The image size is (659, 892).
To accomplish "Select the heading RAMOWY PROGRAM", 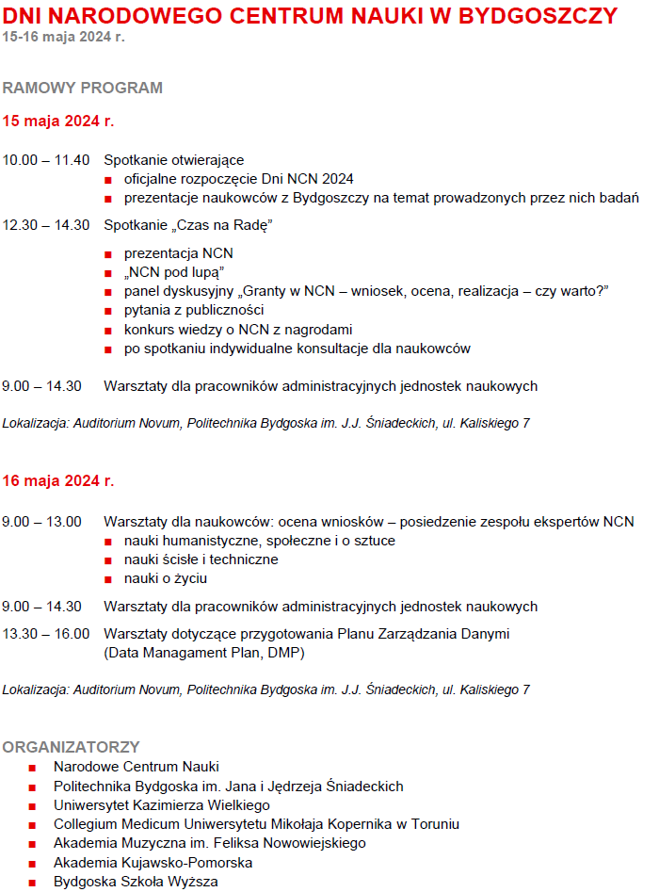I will coord(83,88).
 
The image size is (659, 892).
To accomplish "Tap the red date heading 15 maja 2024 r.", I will coord(58,122).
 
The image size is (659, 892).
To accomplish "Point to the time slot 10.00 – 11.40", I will coord(46,160).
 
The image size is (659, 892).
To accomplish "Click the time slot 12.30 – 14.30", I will coord(46,225).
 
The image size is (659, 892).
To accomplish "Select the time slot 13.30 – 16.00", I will coord(46,634).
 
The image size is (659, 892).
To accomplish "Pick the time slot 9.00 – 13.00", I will coord(42,522).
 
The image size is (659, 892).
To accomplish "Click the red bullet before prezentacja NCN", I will coord(109,254).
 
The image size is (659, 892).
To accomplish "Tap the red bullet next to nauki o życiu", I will coord(109,579).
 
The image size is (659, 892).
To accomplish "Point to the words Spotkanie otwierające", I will coord(174,160).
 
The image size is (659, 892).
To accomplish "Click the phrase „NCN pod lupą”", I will coord(168,272).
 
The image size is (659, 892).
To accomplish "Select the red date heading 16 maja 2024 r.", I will coord(58,481).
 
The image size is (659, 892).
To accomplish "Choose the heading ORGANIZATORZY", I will coord(72,747).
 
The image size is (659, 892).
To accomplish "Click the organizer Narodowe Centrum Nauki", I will coord(137,768).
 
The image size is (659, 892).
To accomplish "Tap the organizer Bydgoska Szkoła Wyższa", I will coord(136,882).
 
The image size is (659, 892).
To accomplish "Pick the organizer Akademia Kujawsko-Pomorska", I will coord(153,863).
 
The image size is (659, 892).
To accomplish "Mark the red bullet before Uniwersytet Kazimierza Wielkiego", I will coord(32,806).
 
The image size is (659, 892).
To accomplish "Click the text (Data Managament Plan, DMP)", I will coord(204,652).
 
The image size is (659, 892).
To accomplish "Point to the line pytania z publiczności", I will coord(194,310).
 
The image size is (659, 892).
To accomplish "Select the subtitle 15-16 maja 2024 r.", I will coord(63,37).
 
